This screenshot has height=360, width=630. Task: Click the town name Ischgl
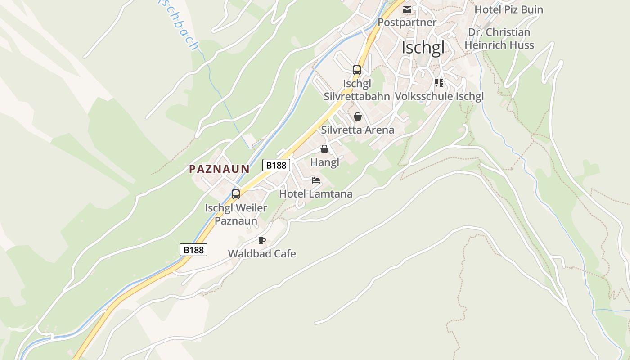pos(423,47)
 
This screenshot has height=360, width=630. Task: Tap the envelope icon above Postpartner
pos(407,9)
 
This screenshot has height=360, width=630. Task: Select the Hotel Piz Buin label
pos(509,9)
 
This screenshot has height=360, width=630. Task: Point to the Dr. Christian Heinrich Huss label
pos(499,39)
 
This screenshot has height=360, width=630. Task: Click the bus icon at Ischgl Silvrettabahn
pos(357,70)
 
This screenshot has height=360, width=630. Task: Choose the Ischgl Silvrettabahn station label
pos(357,90)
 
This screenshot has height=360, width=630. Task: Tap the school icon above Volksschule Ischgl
pos(439,83)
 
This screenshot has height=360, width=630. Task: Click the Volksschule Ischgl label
pos(439,96)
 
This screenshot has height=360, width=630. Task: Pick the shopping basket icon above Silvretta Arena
pos(358,117)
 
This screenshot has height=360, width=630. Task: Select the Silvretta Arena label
pos(358,130)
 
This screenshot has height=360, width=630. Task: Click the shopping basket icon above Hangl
pos(324,149)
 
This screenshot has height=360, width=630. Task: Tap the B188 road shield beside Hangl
pos(276,165)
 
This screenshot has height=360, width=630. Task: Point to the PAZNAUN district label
pos(219,169)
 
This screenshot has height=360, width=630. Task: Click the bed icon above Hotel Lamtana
pos(316,181)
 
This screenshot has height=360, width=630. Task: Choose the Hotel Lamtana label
pos(316,194)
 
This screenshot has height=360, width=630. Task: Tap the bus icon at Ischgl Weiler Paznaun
pos(236,194)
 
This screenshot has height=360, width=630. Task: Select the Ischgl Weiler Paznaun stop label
pos(236,215)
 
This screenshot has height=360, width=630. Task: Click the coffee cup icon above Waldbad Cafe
pos(262,240)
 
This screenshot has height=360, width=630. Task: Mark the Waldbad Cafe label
pos(262,253)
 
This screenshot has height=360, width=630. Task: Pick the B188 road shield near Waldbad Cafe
pos(193,250)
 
